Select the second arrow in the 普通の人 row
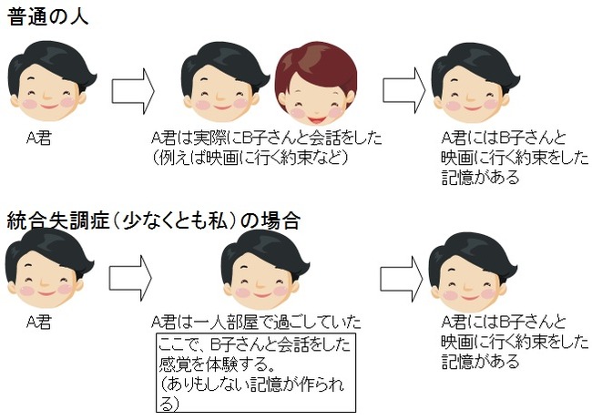(404, 89)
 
